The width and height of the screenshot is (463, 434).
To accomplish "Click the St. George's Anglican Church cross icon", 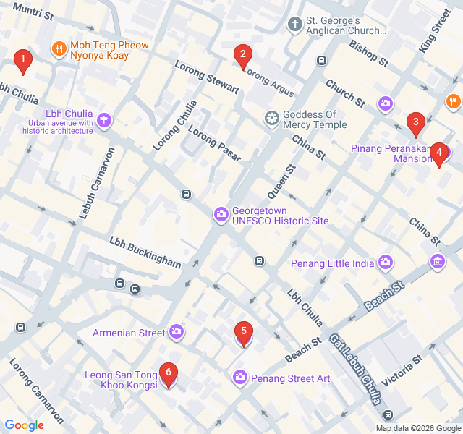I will coord(294,25).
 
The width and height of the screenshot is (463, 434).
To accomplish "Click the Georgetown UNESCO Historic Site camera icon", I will coord(220,215).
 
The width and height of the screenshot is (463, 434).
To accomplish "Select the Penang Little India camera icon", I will coord(386,262).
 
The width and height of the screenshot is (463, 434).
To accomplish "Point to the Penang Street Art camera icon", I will coord(239,378).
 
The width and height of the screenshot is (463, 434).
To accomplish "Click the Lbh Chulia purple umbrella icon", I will coord(104,119).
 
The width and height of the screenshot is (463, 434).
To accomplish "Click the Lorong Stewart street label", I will coord(207,77).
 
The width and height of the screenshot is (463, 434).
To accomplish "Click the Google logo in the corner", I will coord(24,425).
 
